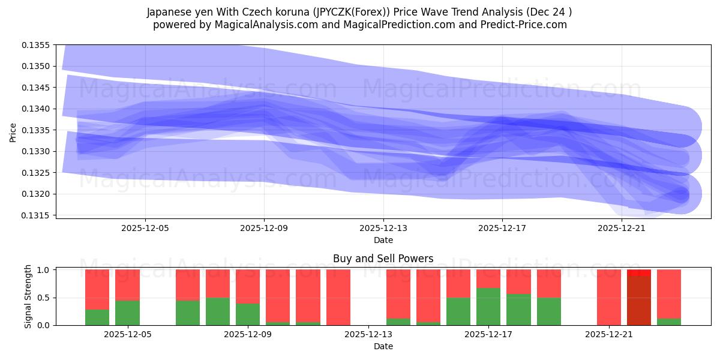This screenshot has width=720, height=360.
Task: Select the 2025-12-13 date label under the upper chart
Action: pyautogui.click(x=383, y=228)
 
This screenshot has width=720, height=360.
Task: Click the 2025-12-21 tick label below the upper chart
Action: pyautogui.click(x=622, y=228)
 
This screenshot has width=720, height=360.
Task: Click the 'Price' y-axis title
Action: pyautogui.click(x=13, y=132)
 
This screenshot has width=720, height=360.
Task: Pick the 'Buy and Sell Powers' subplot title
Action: pyautogui.click(x=383, y=259)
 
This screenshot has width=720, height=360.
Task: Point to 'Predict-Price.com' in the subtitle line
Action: pyautogui.click(x=526, y=25)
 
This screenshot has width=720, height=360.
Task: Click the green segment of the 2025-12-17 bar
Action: pyautogui.click(x=488, y=307)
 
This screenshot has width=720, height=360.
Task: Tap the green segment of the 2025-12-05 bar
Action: pyautogui.click(x=127, y=313)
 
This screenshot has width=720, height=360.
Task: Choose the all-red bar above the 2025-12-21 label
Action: pyautogui.click(x=608, y=297)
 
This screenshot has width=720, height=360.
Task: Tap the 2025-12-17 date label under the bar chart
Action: pyautogui.click(x=488, y=335)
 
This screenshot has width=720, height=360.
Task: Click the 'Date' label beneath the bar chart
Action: pyautogui.click(x=383, y=346)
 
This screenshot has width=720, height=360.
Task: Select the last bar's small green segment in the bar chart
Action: pyautogui.click(x=668, y=322)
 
